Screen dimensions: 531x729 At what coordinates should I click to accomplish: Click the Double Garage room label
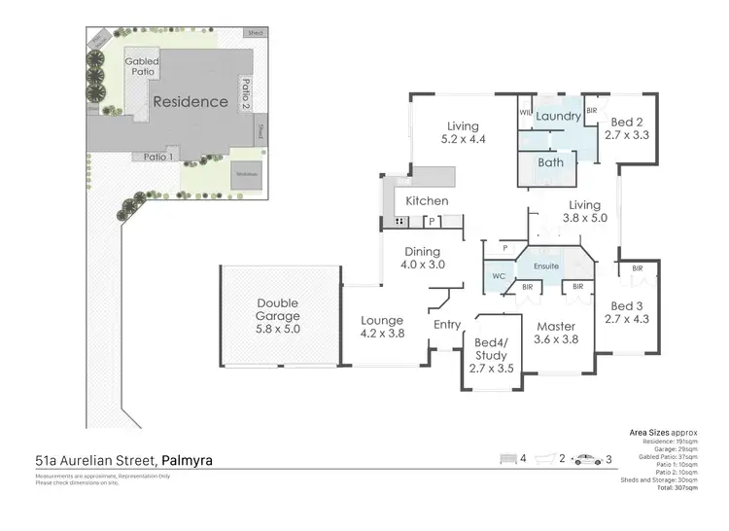click(279, 309)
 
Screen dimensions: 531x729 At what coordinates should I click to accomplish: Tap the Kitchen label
click(427, 201)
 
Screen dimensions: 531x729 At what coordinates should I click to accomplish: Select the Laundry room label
click(558, 118)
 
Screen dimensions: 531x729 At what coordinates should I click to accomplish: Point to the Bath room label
click(551, 162)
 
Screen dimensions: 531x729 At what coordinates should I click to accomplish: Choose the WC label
click(499, 275)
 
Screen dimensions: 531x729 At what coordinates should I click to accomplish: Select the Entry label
click(447, 325)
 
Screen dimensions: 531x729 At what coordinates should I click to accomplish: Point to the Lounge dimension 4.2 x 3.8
click(382, 334)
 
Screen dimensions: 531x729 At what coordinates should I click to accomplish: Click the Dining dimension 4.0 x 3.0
click(423, 264)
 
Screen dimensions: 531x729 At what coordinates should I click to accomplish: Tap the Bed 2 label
click(626, 123)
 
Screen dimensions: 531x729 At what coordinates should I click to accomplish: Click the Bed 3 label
click(626, 303)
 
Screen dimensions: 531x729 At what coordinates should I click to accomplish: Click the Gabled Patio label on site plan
click(142, 66)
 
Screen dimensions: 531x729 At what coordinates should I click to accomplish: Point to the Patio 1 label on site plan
click(158, 157)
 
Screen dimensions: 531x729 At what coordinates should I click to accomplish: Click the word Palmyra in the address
click(188, 459)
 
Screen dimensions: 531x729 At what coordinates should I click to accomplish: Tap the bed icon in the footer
click(506, 458)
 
